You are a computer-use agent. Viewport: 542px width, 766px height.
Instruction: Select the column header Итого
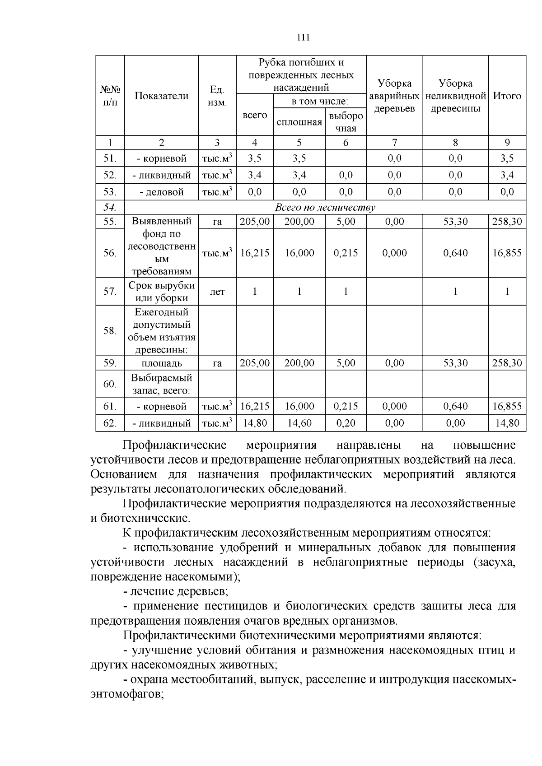pyautogui.click(x=507, y=96)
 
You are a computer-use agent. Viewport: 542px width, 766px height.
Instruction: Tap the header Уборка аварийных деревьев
pyautogui.click(x=394, y=96)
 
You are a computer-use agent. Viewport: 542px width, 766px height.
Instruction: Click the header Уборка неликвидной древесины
pyautogui.click(x=455, y=96)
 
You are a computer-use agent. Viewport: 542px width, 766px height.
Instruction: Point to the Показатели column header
pyautogui.click(x=161, y=96)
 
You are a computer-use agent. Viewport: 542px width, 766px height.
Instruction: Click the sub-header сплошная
pyautogui.click(x=299, y=122)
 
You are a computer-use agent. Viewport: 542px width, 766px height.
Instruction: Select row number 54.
pyautogui.click(x=110, y=208)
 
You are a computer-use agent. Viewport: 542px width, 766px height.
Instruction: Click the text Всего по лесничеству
pyautogui.click(x=325, y=208)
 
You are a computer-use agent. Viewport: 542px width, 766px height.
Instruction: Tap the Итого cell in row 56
pyautogui.click(x=507, y=253)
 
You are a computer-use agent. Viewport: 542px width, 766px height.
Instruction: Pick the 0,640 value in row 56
pyautogui.click(x=455, y=253)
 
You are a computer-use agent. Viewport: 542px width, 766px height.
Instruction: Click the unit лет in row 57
pyautogui.click(x=217, y=292)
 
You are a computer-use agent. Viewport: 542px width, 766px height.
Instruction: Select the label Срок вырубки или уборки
pyautogui.click(x=161, y=292)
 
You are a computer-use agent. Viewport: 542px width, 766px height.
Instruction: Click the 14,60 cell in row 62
pyautogui.click(x=299, y=423)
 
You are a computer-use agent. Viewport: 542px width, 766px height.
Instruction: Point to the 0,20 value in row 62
pyautogui.click(x=346, y=423)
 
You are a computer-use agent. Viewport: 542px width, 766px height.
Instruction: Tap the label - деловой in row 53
pyautogui.click(x=161, y=192)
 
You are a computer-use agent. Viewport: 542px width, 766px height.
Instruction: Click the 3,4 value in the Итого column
pyautogui.click(x=507, y=175)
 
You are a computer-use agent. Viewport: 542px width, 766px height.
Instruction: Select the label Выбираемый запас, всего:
pyautogui.click(x=161, y=384)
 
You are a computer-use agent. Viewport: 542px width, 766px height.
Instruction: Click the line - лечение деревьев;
pyautogui.click(x=175, y=591)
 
